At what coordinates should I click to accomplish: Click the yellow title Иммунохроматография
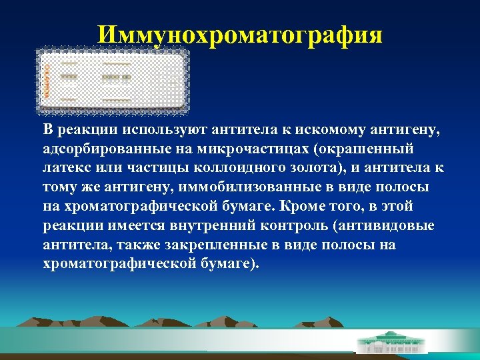coord(240,34)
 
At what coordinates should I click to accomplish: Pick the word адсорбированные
coord(102,148)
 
